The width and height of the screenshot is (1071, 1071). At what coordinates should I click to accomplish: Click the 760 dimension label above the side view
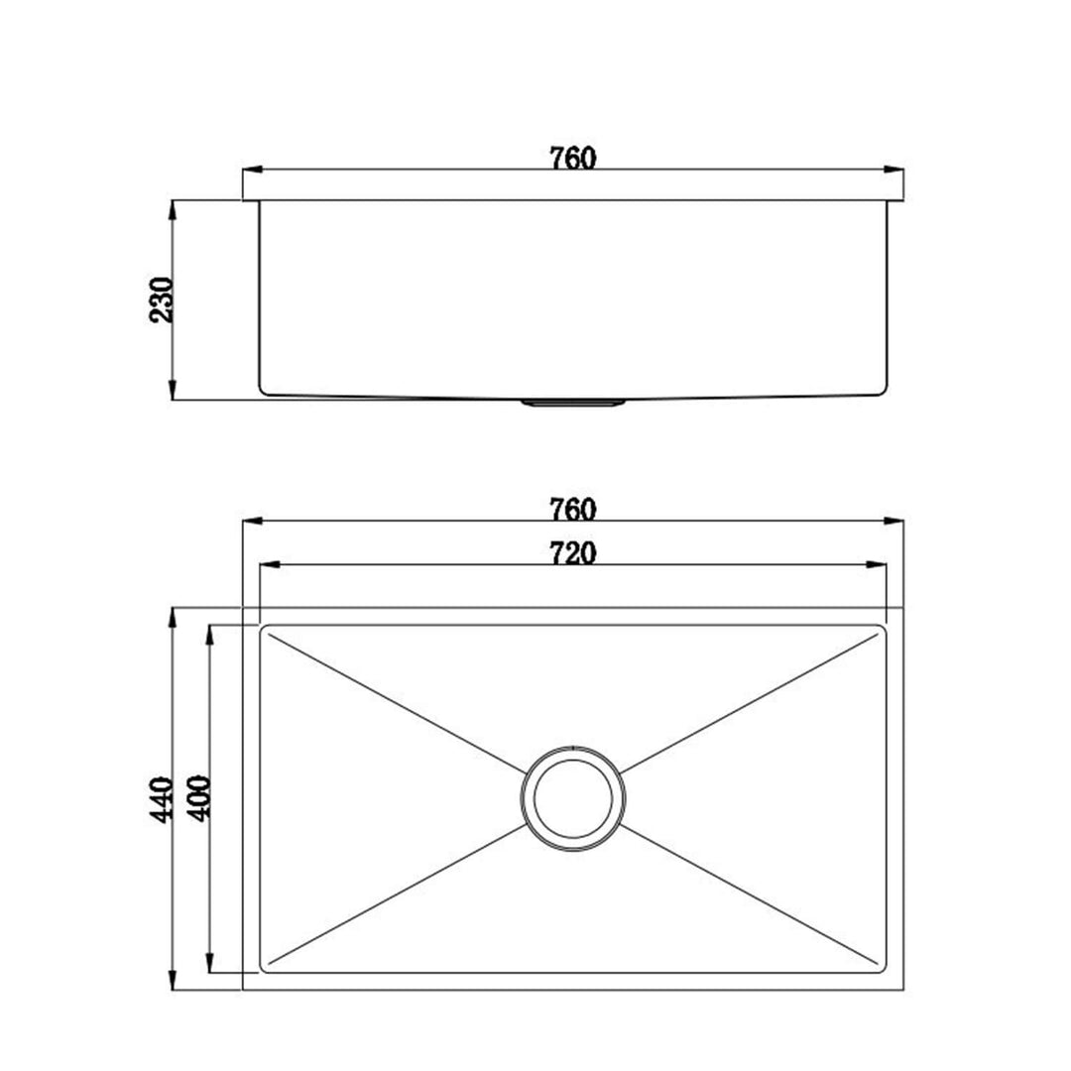[x=573, y=158]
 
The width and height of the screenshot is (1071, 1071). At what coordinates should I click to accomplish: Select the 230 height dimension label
[x=162, y=299]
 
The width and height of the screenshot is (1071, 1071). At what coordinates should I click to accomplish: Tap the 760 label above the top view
[x=573, y=509]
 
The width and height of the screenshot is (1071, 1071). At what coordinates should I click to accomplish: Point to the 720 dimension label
[x=573, y=552]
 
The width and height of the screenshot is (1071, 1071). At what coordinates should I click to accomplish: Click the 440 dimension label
[x=162, y=799]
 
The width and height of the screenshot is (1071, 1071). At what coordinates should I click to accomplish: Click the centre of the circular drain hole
[x=573, y=797]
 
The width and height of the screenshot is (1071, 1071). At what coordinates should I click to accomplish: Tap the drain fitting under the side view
[x=573, y=403]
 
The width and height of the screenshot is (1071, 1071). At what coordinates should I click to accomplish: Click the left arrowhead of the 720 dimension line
[x=270, y=565]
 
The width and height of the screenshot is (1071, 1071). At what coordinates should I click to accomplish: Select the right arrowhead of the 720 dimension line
[x=877, y=565]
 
